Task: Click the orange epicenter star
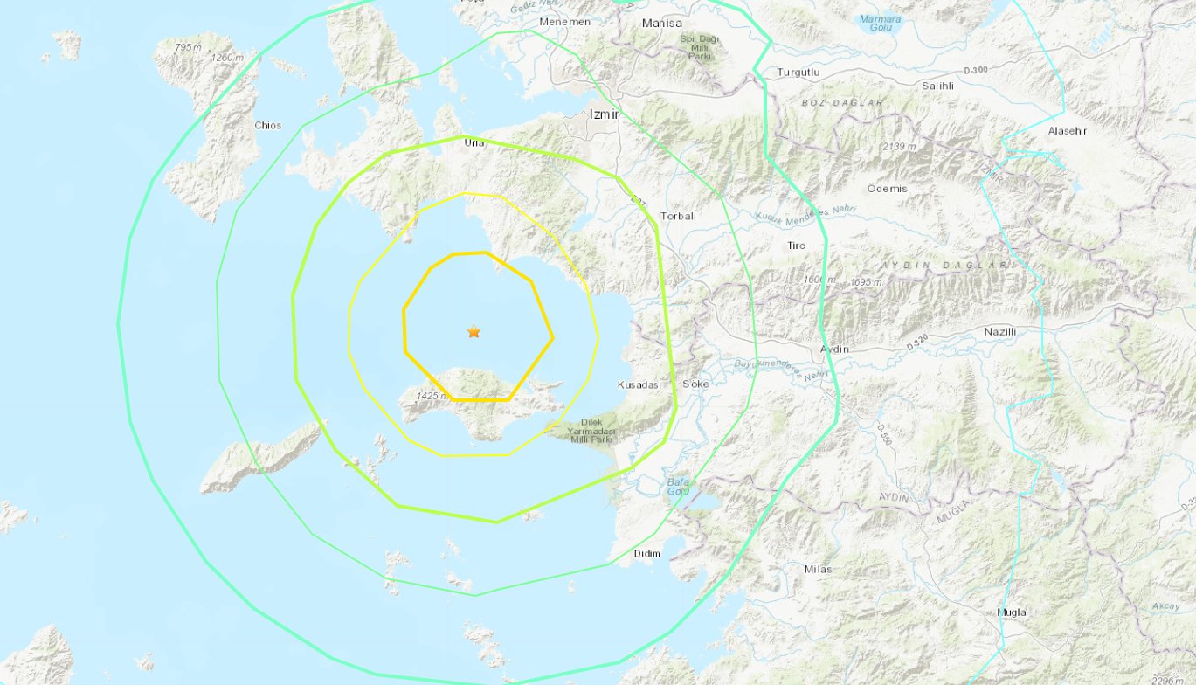(474, 332)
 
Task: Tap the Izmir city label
(604, 114)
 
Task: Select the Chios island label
(268, 125)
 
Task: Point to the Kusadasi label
(639, 384)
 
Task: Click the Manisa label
(661, 24)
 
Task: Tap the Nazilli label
(1000, 332)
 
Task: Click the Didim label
(647, 553)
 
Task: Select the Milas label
(818, 569)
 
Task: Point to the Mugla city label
(1012, 612)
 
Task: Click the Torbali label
(679, 215)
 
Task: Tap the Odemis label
(887, 189)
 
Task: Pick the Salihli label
(940, 86)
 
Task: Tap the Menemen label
(565, 22)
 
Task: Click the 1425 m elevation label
(431, 396)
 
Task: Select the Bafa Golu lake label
(678, 486)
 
